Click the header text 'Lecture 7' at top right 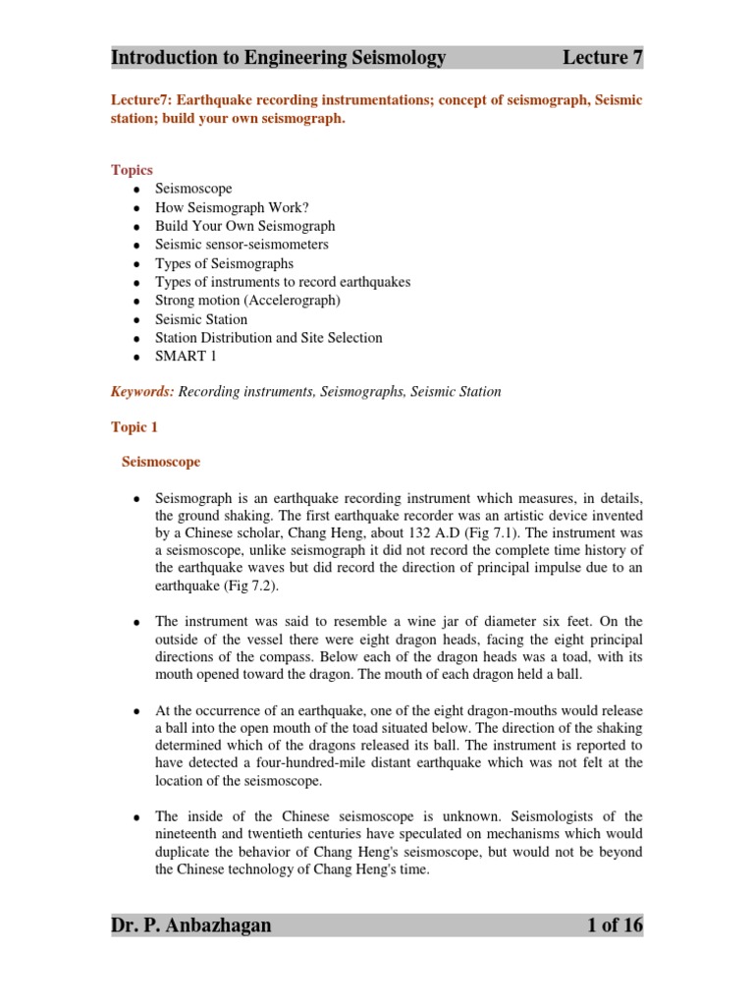point(602,58)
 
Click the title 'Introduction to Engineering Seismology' point(279,58)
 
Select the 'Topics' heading point(132,170)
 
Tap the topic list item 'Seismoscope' point(193,189)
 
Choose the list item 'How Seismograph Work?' point(232,207)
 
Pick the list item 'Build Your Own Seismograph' point(244,226)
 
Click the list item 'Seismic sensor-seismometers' point(242,245)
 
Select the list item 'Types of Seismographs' point(224,263)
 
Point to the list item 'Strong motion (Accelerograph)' point(247,301)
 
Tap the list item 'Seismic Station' point(201,319)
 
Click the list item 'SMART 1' point(186,357)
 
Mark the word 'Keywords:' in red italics point(142,392)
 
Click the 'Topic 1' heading point(134,428)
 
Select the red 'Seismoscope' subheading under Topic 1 point(161,461)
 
